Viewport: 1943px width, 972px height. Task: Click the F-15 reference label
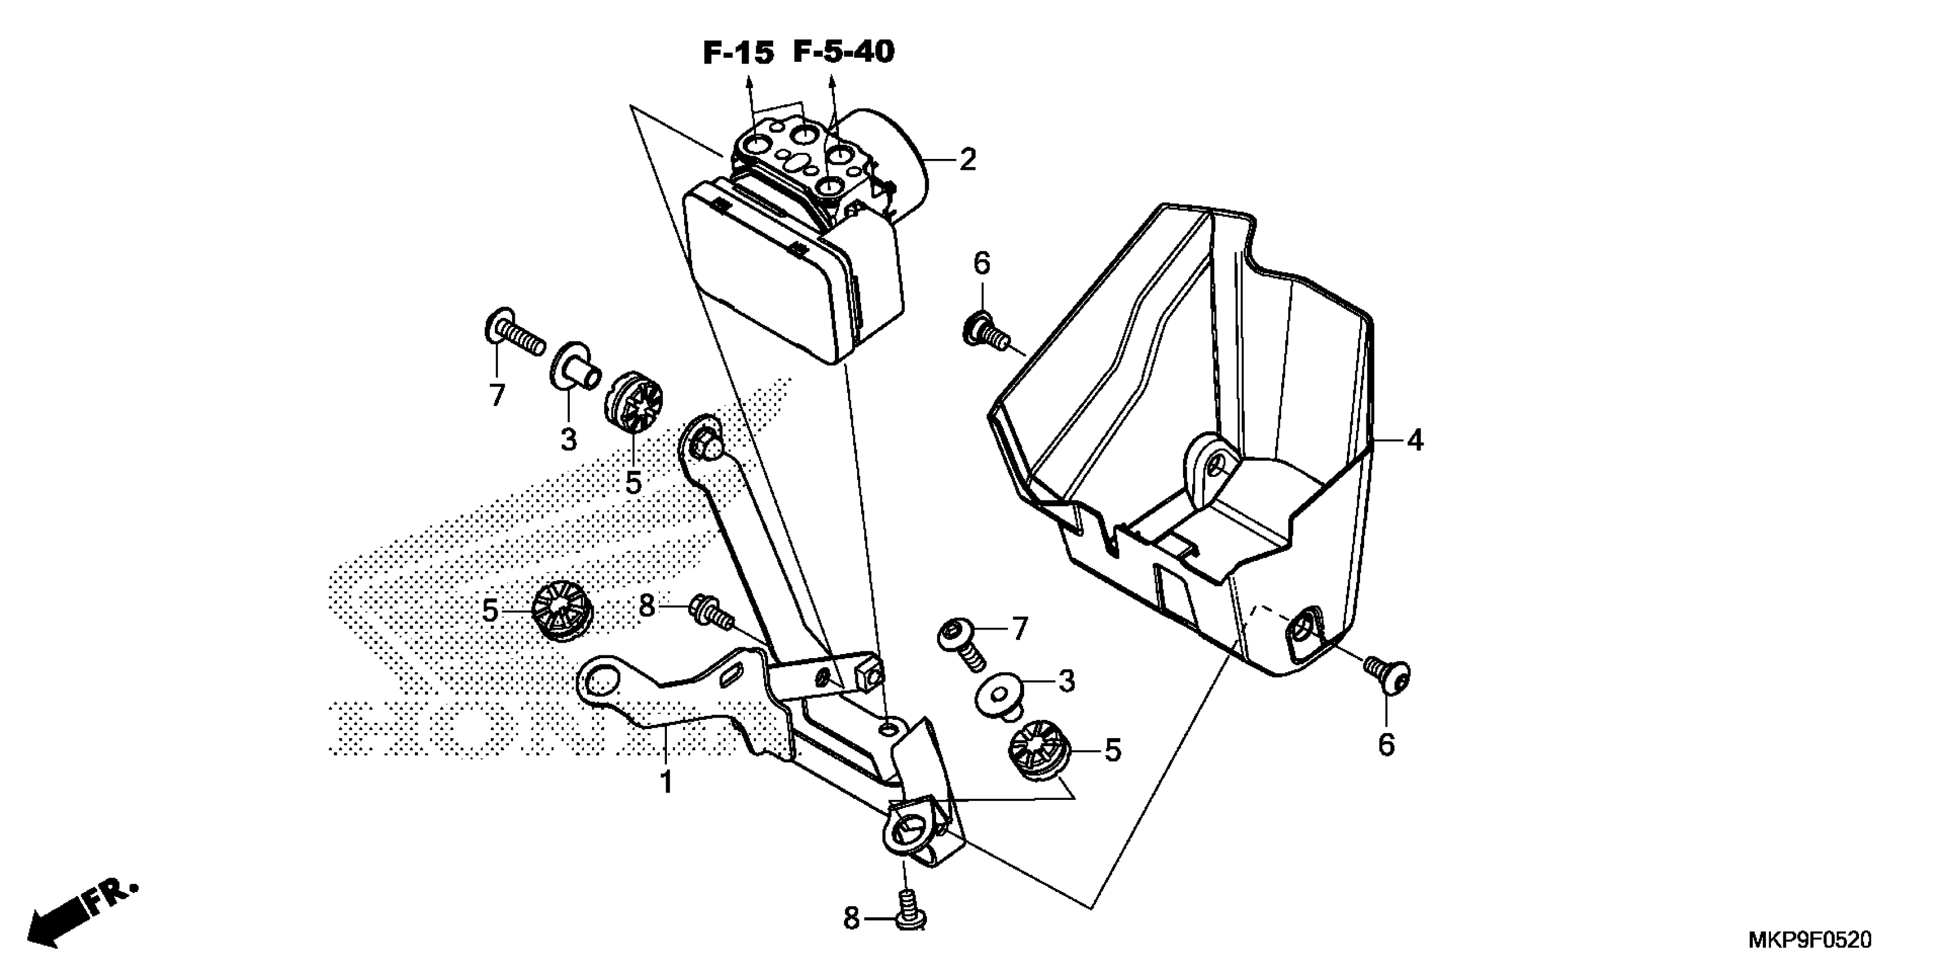[738, 53]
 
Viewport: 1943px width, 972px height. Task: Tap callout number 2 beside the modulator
[967, 159]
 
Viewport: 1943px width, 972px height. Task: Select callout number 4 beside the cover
[1414, 440]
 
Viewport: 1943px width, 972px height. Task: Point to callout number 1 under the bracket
[666, 781]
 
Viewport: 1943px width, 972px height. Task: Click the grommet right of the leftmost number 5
[562, 611]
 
